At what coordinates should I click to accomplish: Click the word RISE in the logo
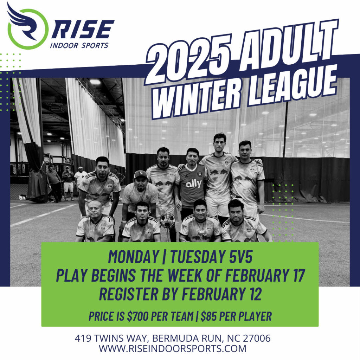[83, 29]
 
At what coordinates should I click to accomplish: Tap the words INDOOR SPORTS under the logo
[79, 45]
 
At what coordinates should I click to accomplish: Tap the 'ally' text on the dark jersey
[194, 184]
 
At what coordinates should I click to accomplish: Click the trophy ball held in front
[167, 220]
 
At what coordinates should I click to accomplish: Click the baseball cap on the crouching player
[141, 175]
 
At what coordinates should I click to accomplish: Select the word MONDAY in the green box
[134, 256]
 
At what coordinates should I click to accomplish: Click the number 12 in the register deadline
[256, 294]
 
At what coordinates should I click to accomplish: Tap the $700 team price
[137, 316]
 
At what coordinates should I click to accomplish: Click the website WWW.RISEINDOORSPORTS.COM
[173, 348]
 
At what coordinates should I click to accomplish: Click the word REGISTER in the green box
[129, 294]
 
